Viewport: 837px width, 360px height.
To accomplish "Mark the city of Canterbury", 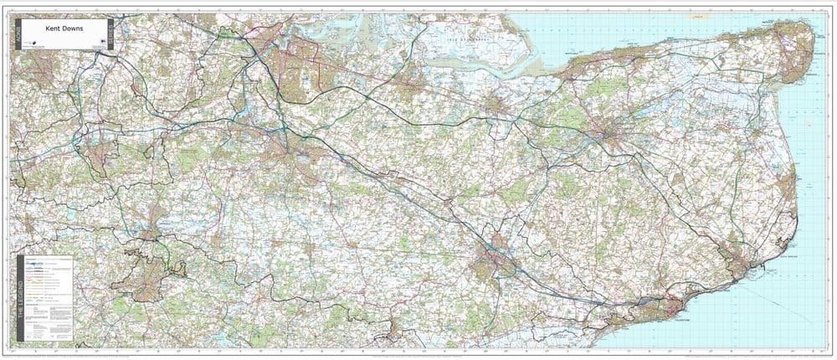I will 610,134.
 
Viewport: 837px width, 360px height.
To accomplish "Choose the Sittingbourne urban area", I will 409,84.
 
